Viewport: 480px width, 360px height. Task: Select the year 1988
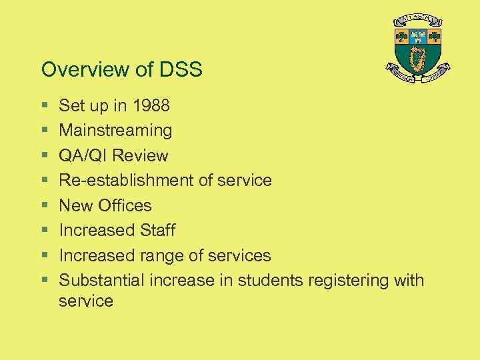[x=152, y=105]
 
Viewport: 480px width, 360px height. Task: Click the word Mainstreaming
[x=115, y=131]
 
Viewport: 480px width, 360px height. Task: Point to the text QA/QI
[x=83, y=155]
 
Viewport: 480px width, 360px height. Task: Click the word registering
[x=348, y=281]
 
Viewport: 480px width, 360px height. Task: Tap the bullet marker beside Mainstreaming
[x=43, y=131]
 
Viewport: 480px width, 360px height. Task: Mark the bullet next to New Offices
[x=43, y=206]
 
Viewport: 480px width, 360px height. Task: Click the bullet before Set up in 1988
[x=43, y=106]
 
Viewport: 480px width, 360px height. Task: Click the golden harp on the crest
[x=419, y=60]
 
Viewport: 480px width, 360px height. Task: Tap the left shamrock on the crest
[x=401, y=36]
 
